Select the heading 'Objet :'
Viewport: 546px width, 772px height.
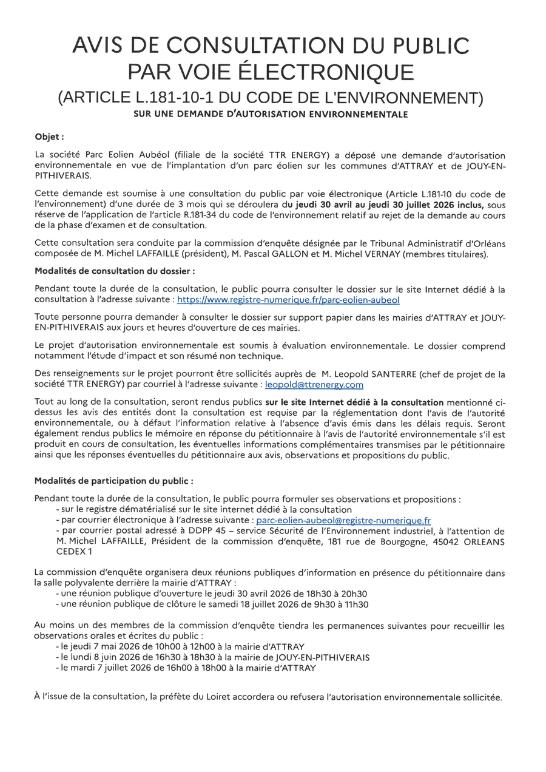tap(49, 137)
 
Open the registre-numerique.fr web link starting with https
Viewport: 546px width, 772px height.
tap(288, 300)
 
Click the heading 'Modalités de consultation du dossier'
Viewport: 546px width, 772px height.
tap(115, 271)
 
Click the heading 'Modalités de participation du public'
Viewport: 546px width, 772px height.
tap(114, 480)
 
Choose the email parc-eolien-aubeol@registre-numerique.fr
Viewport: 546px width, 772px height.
tap(343, 520)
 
